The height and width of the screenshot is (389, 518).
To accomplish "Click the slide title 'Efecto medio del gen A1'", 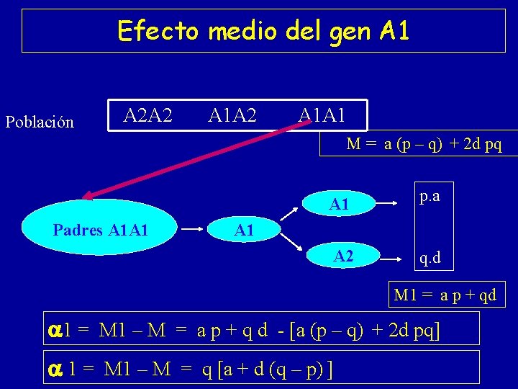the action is click(x=263, y=31).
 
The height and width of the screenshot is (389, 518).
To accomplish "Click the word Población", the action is click(x=40, y=122).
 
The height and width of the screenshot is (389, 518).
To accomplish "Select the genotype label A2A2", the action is click(x=148, y=115).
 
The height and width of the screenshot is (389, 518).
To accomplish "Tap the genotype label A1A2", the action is click(x=232, y=115).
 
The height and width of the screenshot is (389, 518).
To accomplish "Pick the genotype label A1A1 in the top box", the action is click(x=322, y=115).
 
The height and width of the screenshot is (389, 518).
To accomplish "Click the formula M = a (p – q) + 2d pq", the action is click(x=424, y=143).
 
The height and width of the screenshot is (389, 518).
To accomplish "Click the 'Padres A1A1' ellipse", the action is click(x=100, y=231).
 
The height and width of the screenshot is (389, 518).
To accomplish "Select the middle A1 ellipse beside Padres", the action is click(x=244, y=231).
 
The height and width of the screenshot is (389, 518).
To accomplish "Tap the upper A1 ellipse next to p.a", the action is click(x=339, y=205).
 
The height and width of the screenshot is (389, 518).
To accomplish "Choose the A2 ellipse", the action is click(x=343, y=256).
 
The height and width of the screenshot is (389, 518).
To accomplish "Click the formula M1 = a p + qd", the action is click(x=445, y=295).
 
